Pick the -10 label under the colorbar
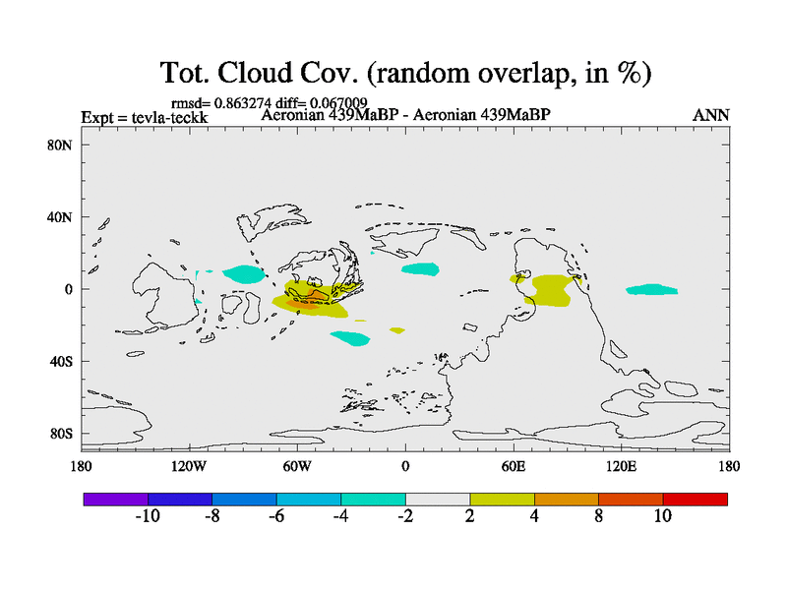point(148,515)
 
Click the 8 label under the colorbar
point(598,515)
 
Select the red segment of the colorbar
point(695,500)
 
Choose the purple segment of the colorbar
point(116,500)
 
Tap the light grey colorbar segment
point(437,500)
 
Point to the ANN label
point(710,116)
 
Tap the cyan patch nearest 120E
point(651,289)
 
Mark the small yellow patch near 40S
point(396,330)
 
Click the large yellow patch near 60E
point(553,290)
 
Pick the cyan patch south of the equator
point(349,338)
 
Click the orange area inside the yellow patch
point(307,302)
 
